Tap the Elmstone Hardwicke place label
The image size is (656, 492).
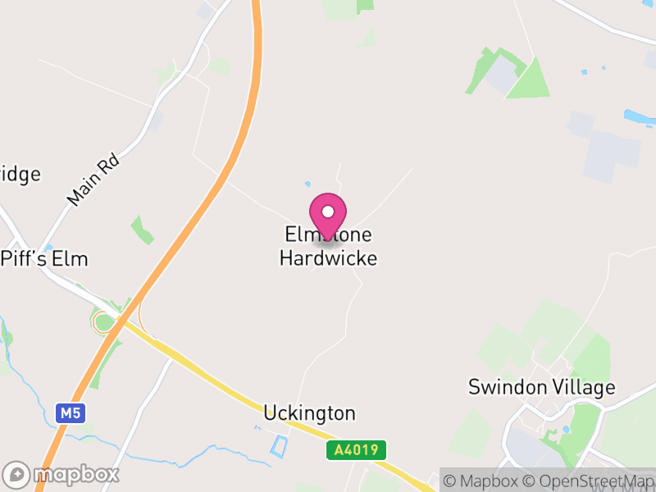click(x=328, y=247)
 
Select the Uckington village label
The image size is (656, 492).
click(x=309, y=412)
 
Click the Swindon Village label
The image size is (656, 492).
click(x=541, y=387)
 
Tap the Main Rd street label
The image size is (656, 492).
click(x=93, y=181)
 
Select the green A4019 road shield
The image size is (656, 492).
click(x=356, y=450)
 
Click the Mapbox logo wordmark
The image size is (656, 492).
click(x=61, y=474)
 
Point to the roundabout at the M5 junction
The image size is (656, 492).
click(x=104, y=322)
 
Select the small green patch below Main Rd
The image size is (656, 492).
click(x=142, y=230)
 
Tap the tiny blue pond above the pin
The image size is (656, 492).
click(x=308, y=184)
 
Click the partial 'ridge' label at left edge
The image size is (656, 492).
click(x=20, y=175)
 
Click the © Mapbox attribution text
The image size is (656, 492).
click(x=481, y=481)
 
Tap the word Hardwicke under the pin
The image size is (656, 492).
click(x=328, y=258)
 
